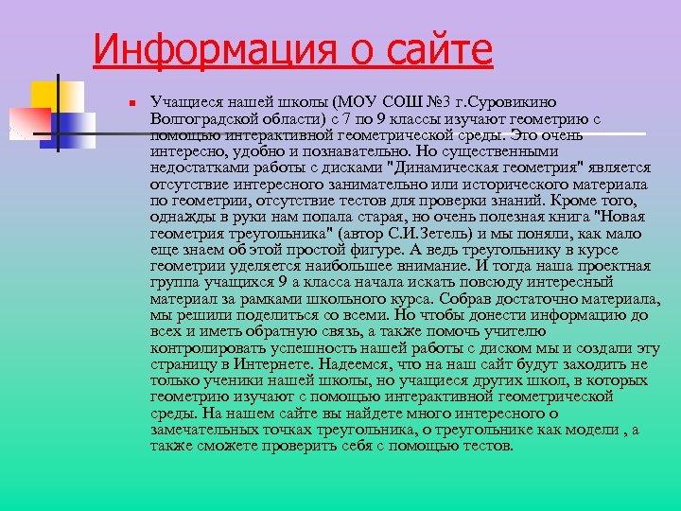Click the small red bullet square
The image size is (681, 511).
point(133,101)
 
